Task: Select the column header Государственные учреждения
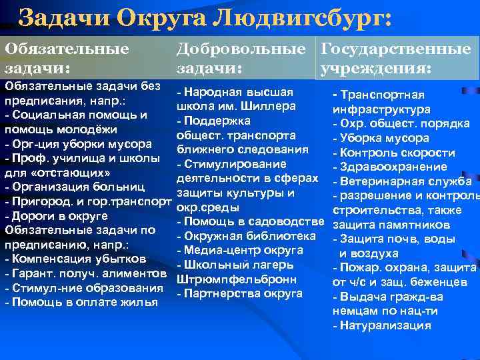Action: click(395, 59)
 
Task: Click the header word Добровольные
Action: click(245, 49)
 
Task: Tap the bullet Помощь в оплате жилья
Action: click(81, 302)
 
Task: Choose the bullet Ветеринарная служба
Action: click(406, 181)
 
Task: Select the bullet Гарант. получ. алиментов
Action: click(85, 273)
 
